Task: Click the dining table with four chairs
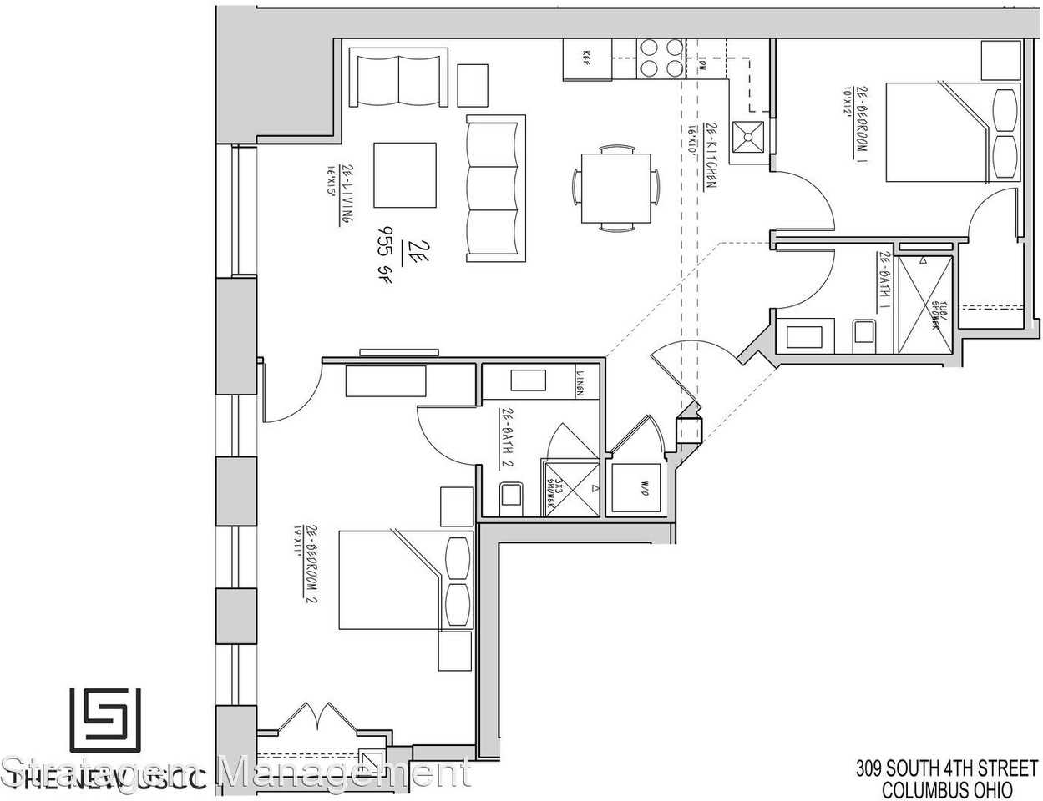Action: pos(615,188)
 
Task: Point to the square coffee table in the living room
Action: pos(405,175)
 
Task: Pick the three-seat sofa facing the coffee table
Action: pos(495,188)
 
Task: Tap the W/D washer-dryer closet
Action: pos(639,488)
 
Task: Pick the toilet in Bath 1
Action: pos(863,334)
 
